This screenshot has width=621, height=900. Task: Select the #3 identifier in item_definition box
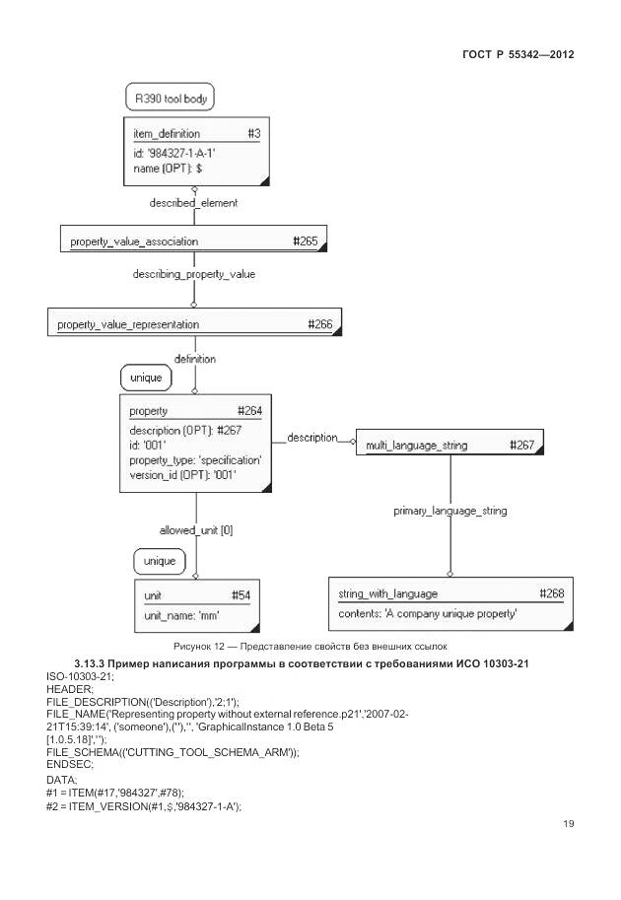[253, 133]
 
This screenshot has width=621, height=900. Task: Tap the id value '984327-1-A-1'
[173, 153]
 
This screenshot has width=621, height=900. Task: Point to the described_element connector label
[193, 203]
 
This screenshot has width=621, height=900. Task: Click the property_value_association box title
[134, 241]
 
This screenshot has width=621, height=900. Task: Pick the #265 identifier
[307, 241]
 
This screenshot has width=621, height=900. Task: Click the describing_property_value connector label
[193, 274]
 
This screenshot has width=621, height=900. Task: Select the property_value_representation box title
[128, 324]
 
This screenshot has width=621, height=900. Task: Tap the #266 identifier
[320, 324]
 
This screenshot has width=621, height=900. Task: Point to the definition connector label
[194, 360]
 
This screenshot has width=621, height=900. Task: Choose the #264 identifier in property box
[249, 411]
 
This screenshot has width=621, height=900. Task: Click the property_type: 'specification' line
[195, 460]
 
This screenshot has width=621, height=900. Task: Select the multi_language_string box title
[416, 446]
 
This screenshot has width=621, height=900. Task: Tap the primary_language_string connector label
[450, 512]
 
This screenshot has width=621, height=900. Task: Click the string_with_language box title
[387, 594]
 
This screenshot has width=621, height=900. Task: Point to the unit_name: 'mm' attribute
[181, 615]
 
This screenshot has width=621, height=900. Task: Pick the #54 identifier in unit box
[241, 595]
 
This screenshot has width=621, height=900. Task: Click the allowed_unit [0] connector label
[195, 530]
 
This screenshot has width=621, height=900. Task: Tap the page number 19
[568, 824]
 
